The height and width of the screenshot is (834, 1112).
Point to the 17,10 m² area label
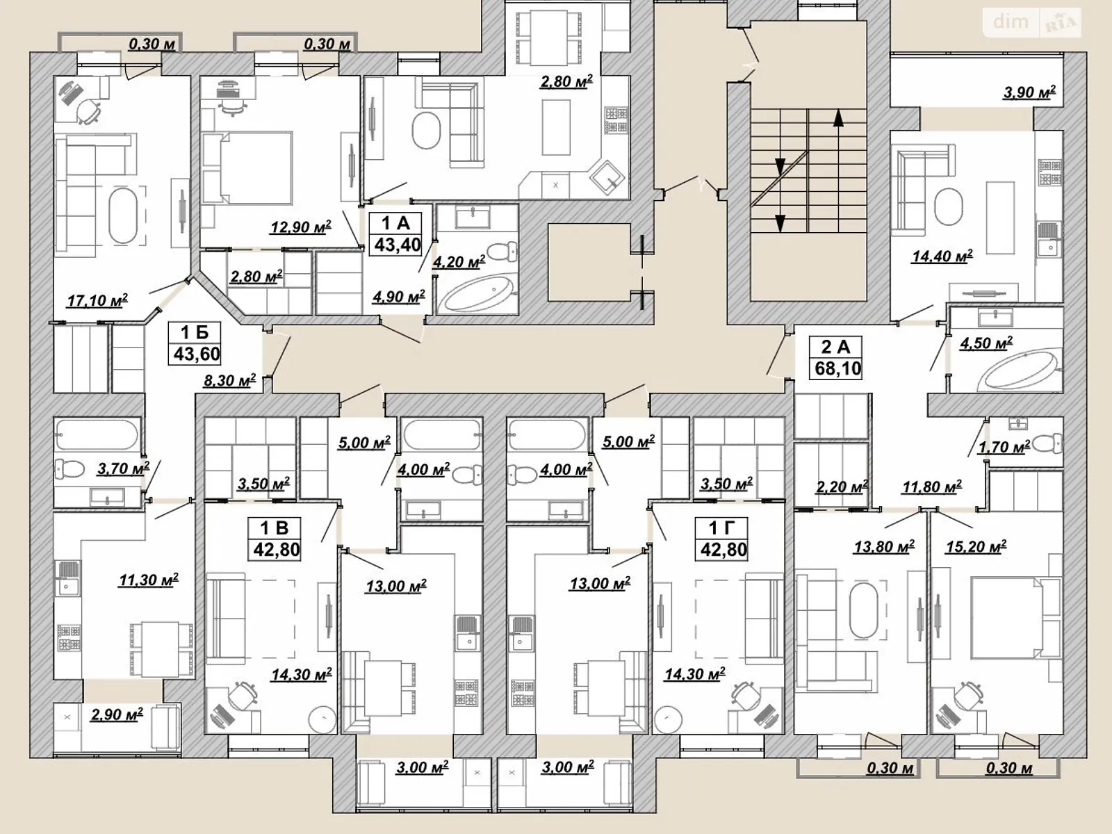click(x=97, y=301)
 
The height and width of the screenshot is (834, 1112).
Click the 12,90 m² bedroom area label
click(x=301, y=227)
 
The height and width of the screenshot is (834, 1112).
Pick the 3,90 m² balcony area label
click(x=1029, y=92)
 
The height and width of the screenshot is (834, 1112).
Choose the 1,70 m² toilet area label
click(x=1004, y=447)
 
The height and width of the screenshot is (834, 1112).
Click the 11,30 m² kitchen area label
click(x=149, y=580)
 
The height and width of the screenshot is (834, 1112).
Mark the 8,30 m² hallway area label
click(x=229, y=380)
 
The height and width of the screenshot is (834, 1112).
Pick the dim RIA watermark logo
click(x=1032, y=22)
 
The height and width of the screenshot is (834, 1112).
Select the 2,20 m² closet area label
click(x=842, y=487)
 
